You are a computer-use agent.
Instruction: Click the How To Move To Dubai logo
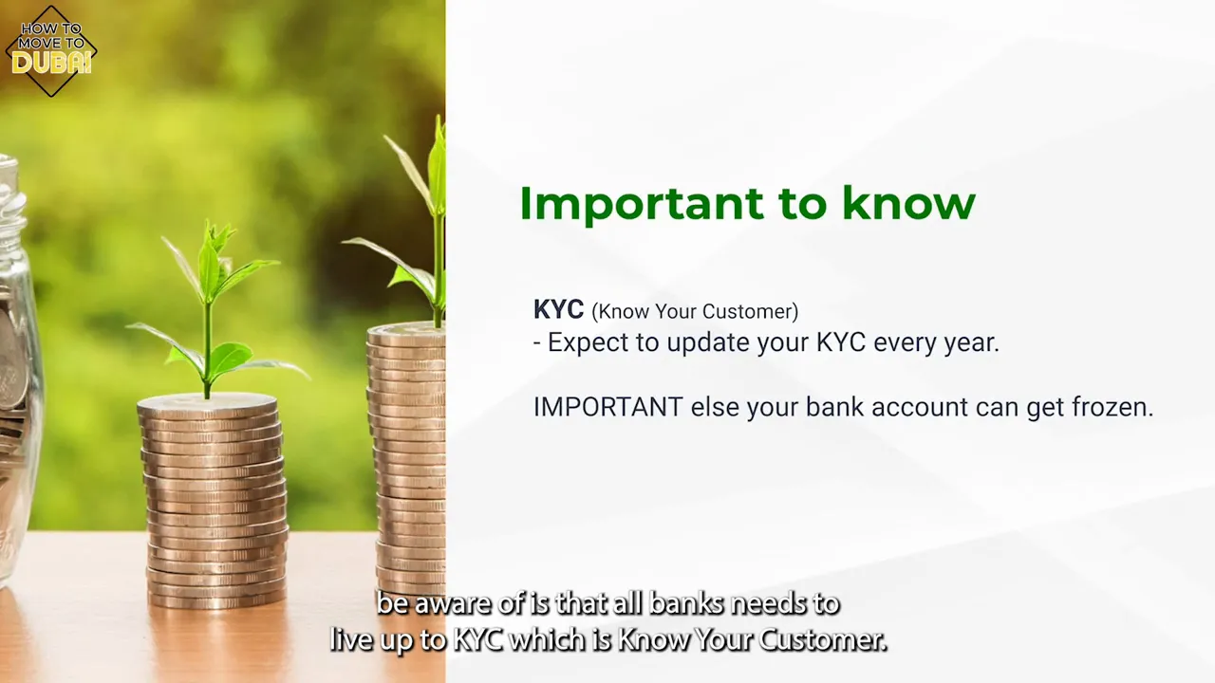tap(51, 51)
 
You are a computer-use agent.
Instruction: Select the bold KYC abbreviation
tap(558, 310)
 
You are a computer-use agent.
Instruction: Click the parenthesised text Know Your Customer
tap(695, 311)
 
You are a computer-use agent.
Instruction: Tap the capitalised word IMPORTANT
tap(607, 407)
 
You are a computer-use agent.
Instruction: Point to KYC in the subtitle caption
tap(477, 640)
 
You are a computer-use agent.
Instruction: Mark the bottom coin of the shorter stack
tap(217, 599)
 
